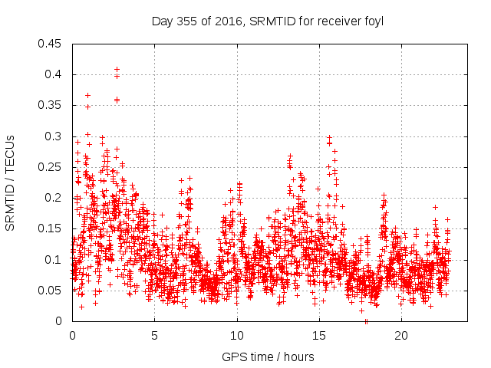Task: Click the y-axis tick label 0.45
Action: click(x=51, y=44)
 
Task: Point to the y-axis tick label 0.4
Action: click(x=54, y=74)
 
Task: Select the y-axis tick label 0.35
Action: click(x=51, y=105)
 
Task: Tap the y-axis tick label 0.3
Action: click(x=54, y=136)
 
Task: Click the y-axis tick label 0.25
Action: click(x=51, y=167)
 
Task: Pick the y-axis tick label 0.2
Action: click(x=54, y=198)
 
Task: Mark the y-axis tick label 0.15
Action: click(x=51, y=228)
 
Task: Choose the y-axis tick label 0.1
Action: click(x=54, y=260)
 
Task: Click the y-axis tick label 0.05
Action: click(x=51, y=291)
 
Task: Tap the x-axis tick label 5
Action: click(x=154, y=336)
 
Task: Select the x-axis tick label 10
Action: click(x=237, y=336)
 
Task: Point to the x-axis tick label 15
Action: click(x=319, y=336)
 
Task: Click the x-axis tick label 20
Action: click(x=401, y=336)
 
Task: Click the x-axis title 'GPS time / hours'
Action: click(x=268, y=356)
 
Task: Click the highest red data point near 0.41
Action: click(x=117, y=69)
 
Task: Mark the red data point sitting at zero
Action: click(x=366, y=321)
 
